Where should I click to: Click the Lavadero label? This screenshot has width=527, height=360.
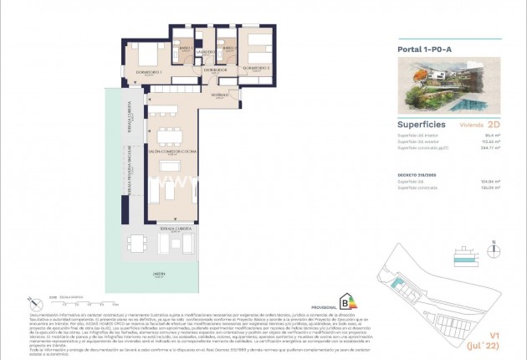[x=206, y=53]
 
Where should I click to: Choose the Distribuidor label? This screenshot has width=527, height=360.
[x=215, y=69]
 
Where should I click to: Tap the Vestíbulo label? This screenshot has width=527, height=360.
[x=220, y=95]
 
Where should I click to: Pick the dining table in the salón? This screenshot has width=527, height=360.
[x=169, y=133]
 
